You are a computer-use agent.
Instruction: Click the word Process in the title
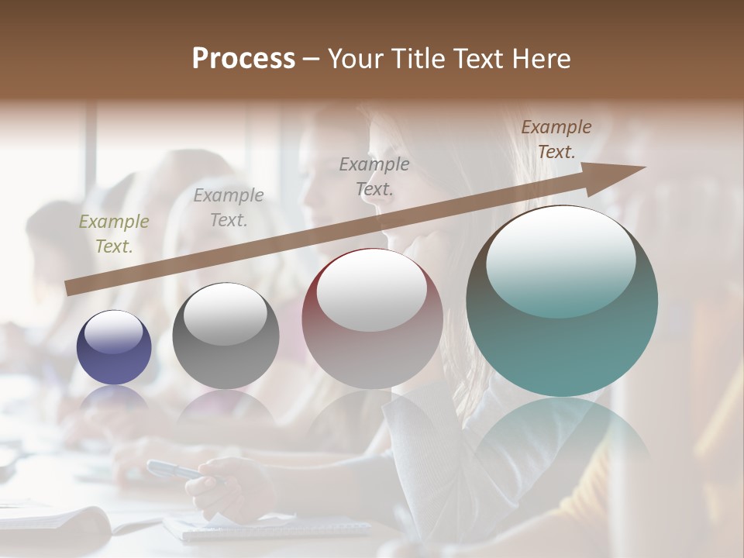click(243, 59)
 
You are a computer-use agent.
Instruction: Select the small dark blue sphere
click(114, 348)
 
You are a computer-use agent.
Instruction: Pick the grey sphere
click(226, 336)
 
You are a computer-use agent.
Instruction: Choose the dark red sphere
click(372, 319)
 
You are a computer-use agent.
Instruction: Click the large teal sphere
click(562, 302)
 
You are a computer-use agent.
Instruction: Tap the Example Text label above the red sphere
click(374, 176)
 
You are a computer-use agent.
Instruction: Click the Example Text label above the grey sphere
click(229, 207)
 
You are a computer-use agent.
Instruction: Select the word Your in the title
click(356, 59)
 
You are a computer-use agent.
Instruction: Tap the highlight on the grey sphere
click(226, 315)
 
